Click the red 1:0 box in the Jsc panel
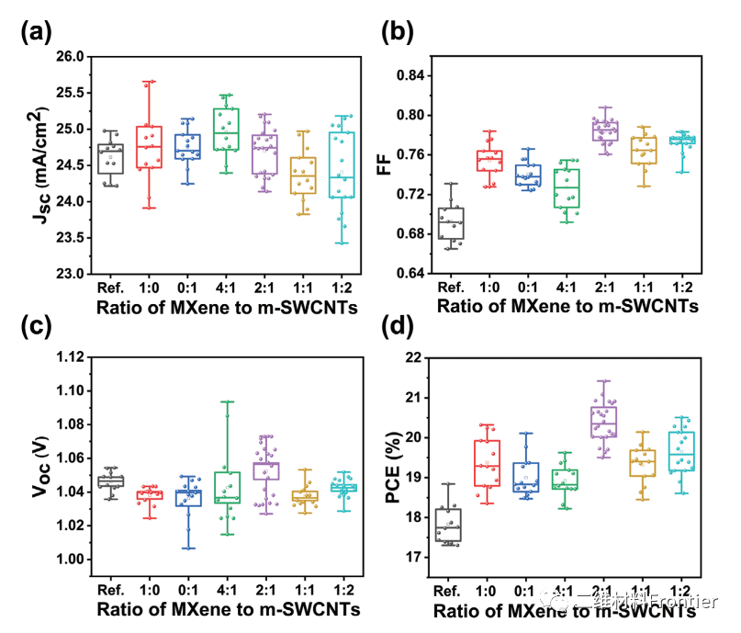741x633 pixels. tap(150, 147)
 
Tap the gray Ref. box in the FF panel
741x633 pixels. tap(449, 223)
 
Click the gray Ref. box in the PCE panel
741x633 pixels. tap(449, 525)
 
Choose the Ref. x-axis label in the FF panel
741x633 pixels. tap(449, 286)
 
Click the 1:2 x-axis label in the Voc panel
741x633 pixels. tap(341, 586)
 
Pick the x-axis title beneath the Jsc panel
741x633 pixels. tap(225, 309)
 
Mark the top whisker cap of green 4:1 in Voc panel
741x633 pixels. tap(226, 401)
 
